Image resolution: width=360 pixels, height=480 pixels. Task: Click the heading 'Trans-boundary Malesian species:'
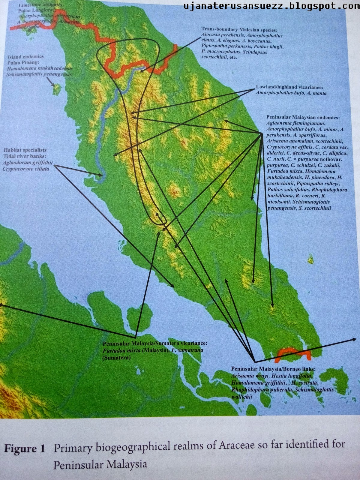(239, 30)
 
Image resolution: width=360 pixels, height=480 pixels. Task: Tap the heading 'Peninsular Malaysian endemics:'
(303, 117)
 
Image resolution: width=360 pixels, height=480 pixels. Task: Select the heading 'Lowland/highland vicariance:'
(289, 87)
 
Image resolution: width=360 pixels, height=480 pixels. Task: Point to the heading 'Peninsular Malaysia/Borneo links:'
(273, 369)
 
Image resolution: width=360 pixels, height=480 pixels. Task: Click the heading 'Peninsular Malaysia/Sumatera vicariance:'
(155, 343)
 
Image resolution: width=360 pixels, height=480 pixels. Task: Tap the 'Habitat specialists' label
(25, 150)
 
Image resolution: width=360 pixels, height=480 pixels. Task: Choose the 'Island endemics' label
(26, 56)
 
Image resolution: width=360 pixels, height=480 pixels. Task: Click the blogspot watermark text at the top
(271, 5)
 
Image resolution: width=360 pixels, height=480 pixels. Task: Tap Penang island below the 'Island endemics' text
(56, 89)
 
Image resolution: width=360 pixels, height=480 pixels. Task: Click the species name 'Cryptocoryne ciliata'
(26, 169)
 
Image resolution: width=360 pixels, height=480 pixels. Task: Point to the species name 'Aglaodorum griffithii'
(28, 163)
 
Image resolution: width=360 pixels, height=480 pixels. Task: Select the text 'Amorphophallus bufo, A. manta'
(291, 93)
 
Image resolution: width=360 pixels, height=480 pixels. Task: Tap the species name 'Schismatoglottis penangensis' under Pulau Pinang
(39, 74)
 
